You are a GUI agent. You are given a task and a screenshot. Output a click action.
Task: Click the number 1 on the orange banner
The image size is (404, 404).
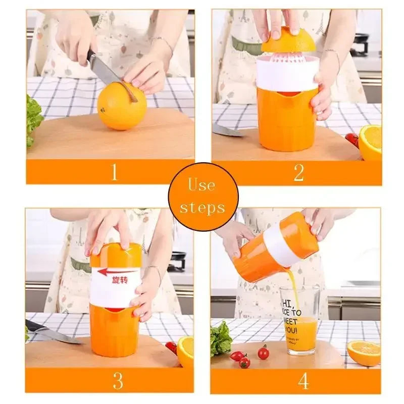point(114,172)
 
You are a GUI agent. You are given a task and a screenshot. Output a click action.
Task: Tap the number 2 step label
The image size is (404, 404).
point(298,173)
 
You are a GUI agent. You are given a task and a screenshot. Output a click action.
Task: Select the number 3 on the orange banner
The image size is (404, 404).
point(118,380)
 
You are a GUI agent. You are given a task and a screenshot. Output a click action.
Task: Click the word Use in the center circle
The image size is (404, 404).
point(202,185)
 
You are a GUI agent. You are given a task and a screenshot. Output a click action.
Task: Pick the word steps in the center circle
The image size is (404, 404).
point(202,207)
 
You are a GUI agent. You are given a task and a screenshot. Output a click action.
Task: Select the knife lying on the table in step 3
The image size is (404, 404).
point(48,333)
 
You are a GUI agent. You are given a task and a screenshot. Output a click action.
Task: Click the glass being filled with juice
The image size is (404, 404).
point(299,318)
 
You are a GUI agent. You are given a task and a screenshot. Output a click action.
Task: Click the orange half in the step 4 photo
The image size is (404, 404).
point(364,352)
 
